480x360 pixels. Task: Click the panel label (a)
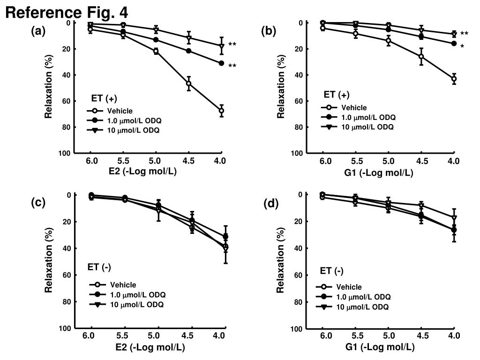(x=38, y=31)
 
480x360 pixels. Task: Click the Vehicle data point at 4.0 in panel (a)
(x=221, y=111)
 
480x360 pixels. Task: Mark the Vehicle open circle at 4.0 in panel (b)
(x=454, y=79)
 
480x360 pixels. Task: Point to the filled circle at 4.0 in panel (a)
(x=221, y=63)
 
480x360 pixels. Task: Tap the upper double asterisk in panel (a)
(x=232, y=45)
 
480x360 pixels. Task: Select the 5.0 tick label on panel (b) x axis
(x=388, y=162)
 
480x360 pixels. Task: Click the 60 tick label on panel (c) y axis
(x=67, y=275)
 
